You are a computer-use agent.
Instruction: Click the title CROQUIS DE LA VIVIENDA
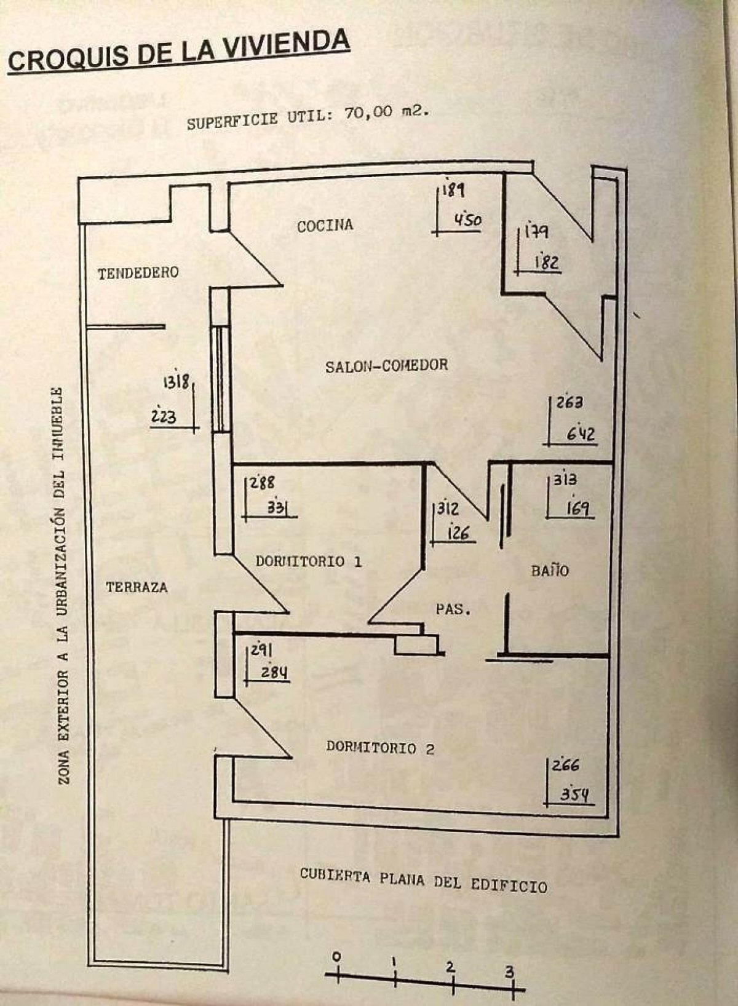[178, 52]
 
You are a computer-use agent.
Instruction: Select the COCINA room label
[325, 226]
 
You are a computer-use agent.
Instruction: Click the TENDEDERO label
[138, 272]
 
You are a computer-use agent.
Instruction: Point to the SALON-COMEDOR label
[386, 365]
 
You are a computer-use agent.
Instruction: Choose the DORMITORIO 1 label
[308, 561]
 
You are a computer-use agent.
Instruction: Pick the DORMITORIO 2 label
[380, 748]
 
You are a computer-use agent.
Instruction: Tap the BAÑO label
[550, 570]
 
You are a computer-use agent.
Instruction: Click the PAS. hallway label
[453, 610]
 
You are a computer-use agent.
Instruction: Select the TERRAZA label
[137, 587]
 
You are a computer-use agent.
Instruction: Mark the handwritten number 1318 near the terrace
[175, 382]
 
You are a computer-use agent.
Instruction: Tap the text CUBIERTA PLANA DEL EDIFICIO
[423, 881]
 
